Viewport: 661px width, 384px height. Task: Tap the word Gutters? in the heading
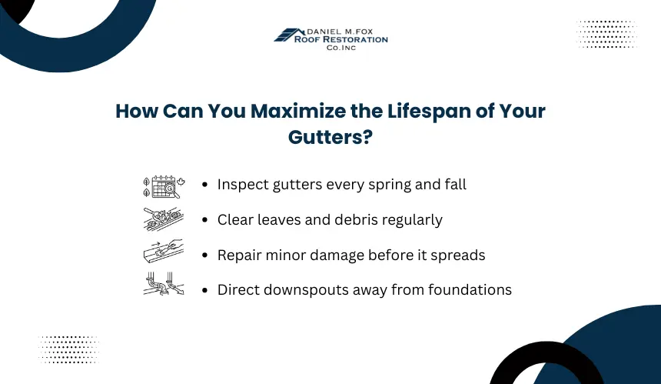click(x=330, y=138)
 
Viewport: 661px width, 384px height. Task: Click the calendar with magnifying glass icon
click(x=164, y=186)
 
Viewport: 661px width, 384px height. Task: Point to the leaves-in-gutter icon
click(x=164, y=219)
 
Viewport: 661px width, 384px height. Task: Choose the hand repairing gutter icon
click(x=164, y=252)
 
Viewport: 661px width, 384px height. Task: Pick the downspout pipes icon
click(x=164, y=283)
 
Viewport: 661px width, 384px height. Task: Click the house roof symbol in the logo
click(x=289, y=35)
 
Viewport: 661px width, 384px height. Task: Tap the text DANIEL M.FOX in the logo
click(x=340, y=32)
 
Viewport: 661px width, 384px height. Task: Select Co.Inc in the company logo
click(x=341, y=48)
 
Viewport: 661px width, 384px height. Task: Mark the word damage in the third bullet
click(x=337, y=255)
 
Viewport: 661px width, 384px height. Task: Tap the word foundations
click(x=470, y=290)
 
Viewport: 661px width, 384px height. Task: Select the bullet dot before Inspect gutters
click(x=205, y=185)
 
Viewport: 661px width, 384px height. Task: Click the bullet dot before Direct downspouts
click(x=205, y=290)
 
